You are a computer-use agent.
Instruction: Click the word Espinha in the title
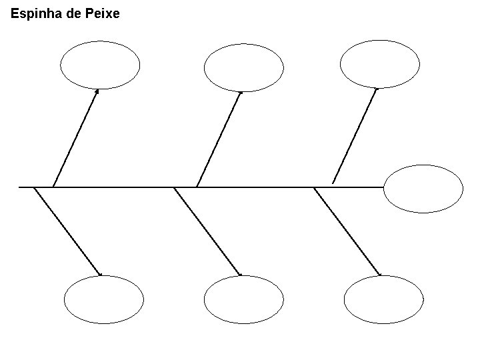(33, 13)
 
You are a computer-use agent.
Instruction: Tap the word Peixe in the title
(103, 13)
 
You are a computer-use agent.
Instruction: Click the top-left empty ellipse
(100, 65)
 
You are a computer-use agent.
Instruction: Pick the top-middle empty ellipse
(243, 67)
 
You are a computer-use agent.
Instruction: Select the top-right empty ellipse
(379, 64)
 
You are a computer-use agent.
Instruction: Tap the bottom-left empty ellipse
(104, 300)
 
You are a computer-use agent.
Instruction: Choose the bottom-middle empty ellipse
(243, 300)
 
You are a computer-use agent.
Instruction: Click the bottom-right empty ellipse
(385, 300)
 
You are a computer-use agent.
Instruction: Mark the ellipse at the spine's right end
(423, 189)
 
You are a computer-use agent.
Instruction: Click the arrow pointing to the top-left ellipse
(75, 138)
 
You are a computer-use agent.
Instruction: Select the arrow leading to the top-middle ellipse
(219, 139)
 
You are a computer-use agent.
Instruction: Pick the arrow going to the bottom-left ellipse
(67, 231)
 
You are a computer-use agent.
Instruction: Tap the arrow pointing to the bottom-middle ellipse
(207, 231)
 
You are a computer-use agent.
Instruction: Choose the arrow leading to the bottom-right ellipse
(347, 231)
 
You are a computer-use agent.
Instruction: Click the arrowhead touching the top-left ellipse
(97, 91)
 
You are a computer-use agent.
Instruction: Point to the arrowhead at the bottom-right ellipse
(379, 274)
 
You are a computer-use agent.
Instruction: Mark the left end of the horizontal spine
(20, 187)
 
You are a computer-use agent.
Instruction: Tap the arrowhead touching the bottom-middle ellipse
(239, 274)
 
